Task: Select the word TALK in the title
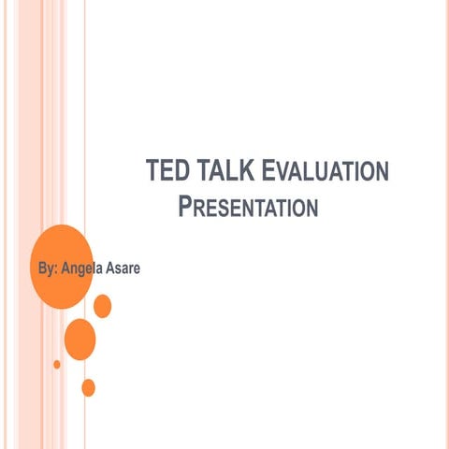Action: (x=220, y=171)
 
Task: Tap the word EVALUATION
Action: (x=322, y=171)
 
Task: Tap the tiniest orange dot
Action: (x=57, y=364)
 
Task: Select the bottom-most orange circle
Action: (x=89, y=386)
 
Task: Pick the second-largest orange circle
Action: (x=80, y=339)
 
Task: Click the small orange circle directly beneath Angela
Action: (x=103, y=306)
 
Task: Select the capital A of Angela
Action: (x=65, y=269)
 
